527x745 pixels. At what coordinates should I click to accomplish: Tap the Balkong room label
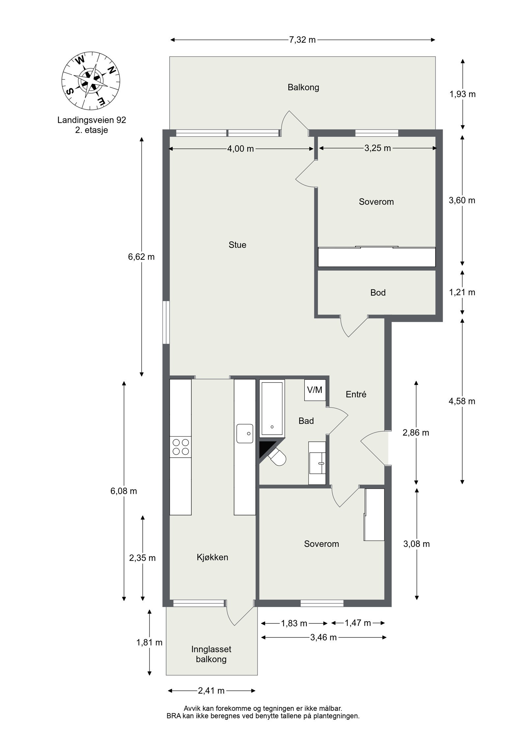[303, 88]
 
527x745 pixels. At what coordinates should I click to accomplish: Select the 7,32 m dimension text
[302, 40]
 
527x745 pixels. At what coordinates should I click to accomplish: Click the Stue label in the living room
[237, 245]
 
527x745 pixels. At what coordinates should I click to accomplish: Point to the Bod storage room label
[378, 293]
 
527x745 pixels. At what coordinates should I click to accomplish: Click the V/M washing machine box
[315, 390]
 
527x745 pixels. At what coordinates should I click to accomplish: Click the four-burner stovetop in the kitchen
[180, 447]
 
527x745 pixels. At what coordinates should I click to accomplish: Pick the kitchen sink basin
[244, 433]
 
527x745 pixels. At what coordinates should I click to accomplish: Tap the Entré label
[356, 394]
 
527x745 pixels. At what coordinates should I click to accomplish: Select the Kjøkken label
[212, 557]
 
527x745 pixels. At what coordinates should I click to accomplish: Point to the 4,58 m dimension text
[462, 401]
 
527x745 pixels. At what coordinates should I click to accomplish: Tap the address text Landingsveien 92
[92, 120]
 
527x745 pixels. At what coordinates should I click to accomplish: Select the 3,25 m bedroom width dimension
[377, 148]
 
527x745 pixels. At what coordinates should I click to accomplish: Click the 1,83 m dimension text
[294, 623]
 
